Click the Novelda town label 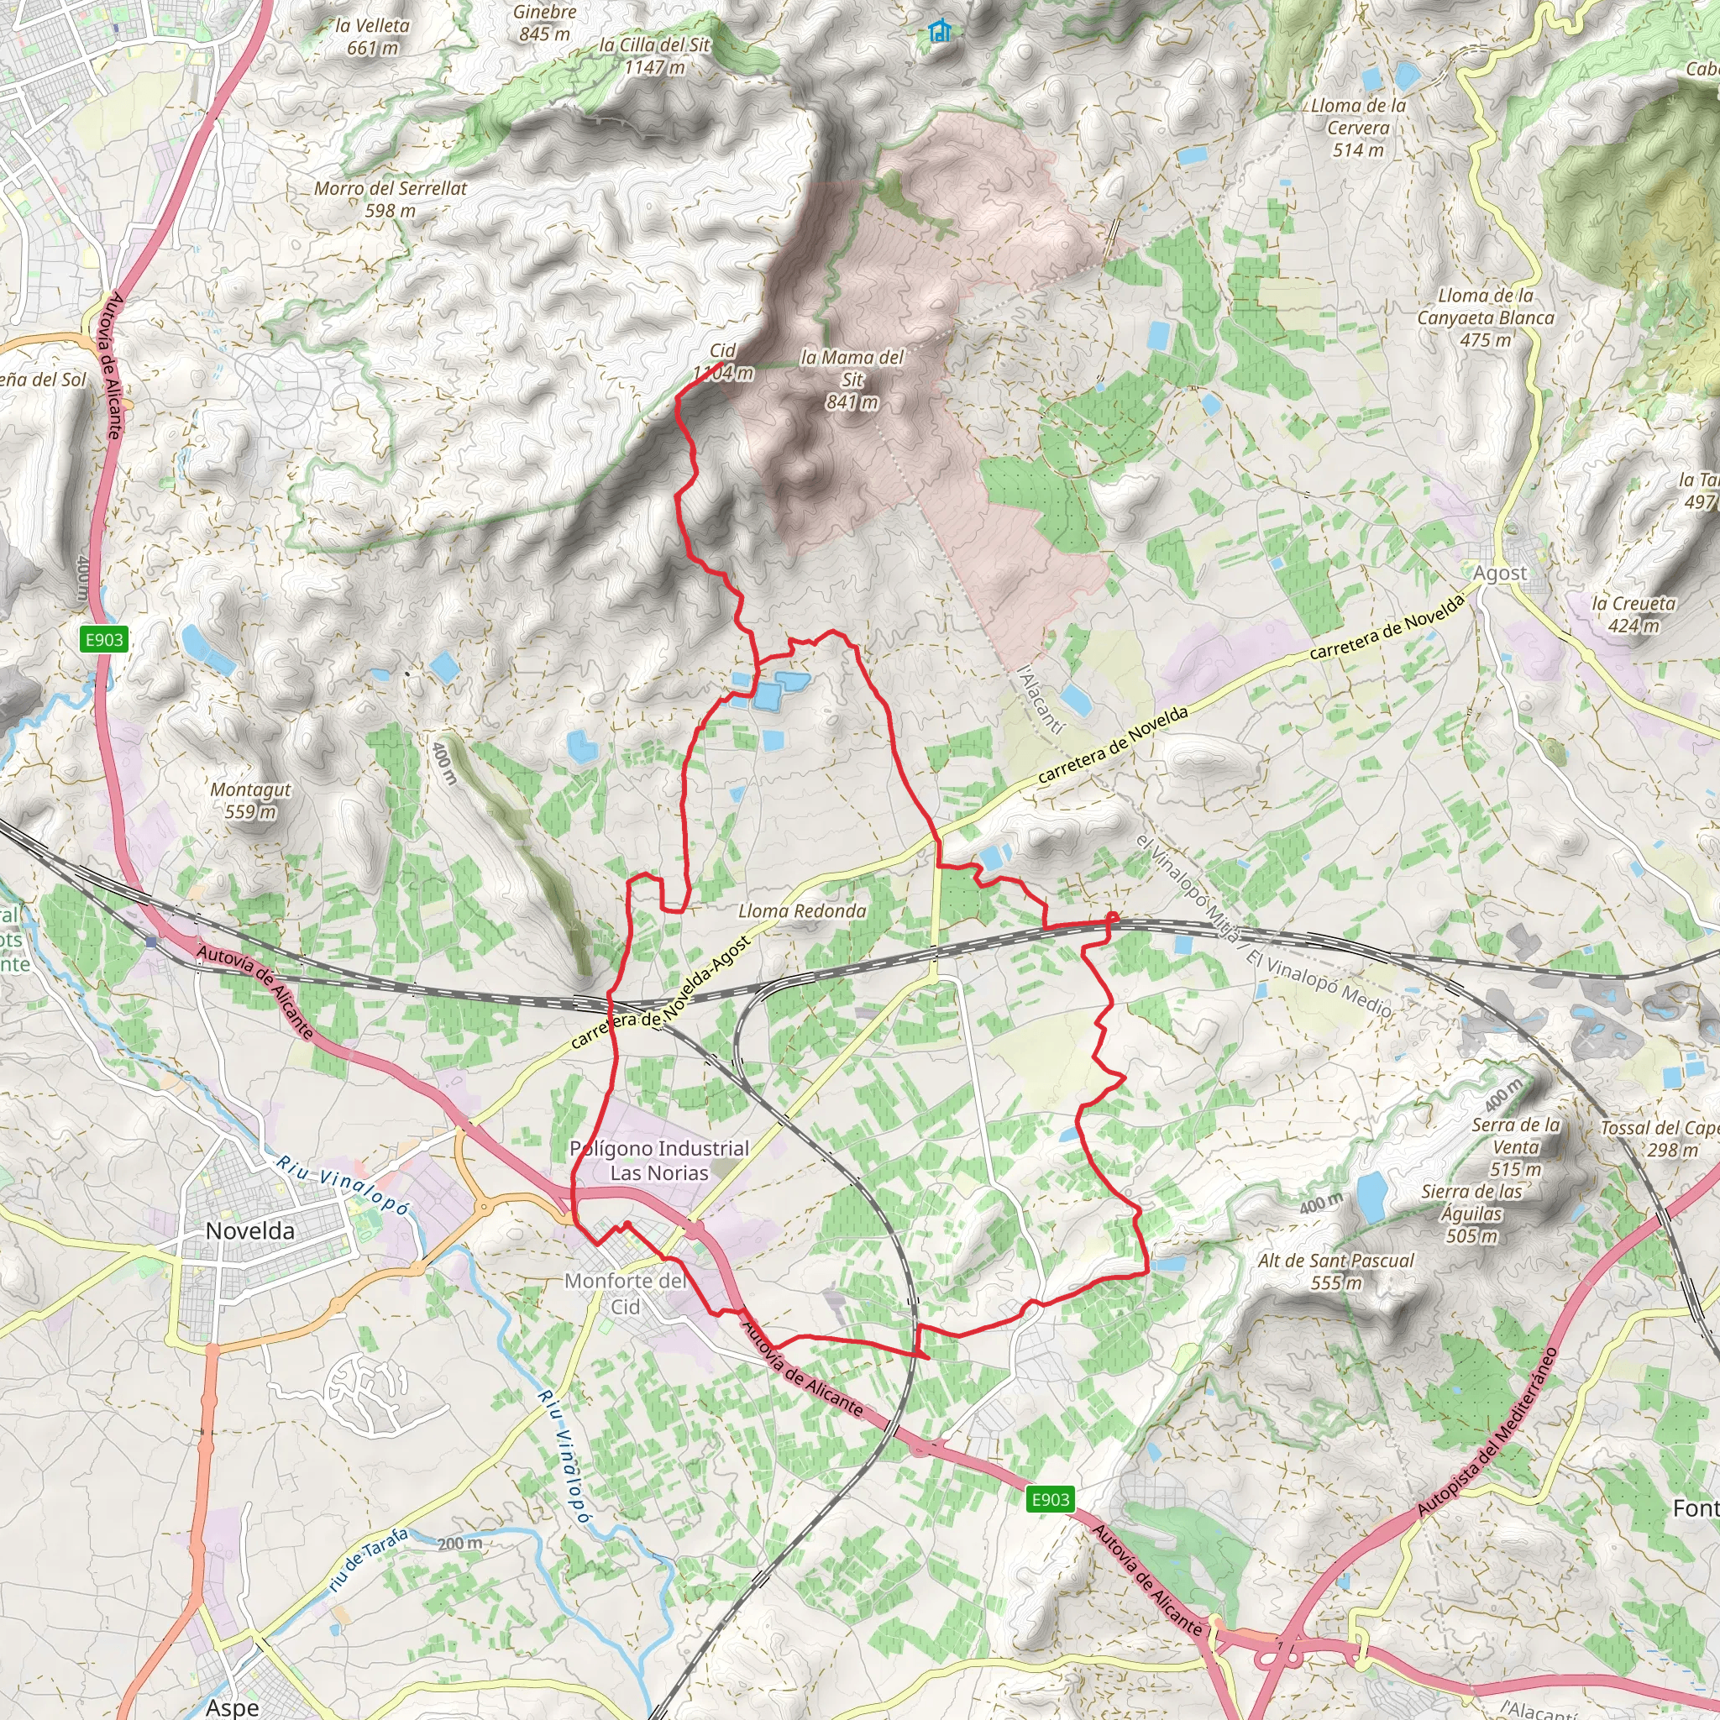(249, 1231)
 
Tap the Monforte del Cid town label (625, 1293)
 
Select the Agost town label (1499, 574)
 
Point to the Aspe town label (233, 1707)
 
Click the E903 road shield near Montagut (104, 639)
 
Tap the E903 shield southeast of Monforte (1051, 1499)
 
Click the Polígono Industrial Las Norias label (658, 1161)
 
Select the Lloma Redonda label (802, 910)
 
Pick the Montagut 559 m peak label (251, 800)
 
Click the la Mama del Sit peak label (852, 380)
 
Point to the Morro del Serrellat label (390, 199)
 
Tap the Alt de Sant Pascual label (1335, 1272)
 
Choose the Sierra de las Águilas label (1472, 1214)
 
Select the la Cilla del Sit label (654, 55)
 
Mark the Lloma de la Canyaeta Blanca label (1485, 317)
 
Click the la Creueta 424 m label (1633, 614)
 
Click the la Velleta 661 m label (372, 36)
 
